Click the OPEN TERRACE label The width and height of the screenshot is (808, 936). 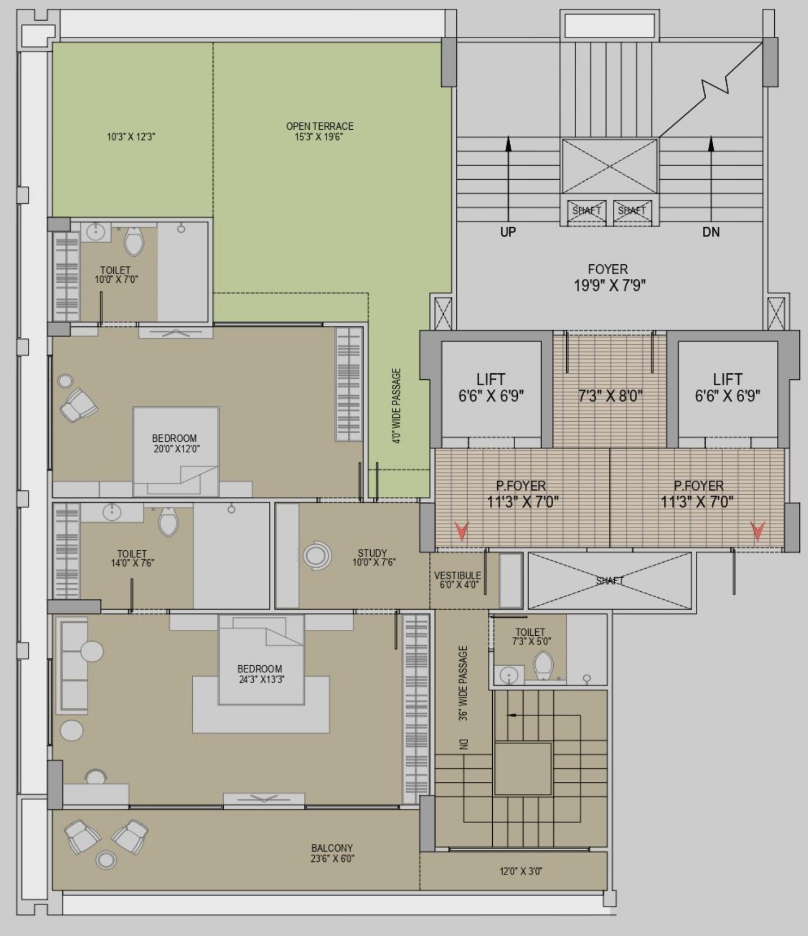tap(320, 126)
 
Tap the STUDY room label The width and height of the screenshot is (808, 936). tap(372, 553)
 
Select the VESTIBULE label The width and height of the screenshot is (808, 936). tap(457, 575)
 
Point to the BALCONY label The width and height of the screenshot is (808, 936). tap(332, 848)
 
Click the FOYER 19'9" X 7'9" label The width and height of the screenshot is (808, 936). tap(609, 277)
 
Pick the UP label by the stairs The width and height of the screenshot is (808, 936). tap(508, 232)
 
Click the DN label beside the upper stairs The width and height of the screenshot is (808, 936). tap(711, 232)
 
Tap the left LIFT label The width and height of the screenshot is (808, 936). tap(491, 379)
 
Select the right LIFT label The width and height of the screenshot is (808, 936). tap(727, 379)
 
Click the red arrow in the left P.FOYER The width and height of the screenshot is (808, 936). tap(462, 530)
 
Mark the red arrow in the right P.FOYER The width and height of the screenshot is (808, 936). tap(757, 530)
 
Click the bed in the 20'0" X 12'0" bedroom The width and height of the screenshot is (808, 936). tap(176, 451)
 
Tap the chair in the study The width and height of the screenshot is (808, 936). tap(317, 556)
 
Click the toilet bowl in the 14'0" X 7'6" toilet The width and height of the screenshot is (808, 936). tap(168, 521)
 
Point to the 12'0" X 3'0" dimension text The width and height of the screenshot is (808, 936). tap(521, 871)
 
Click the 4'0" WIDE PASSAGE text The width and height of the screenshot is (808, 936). tap(397, 405)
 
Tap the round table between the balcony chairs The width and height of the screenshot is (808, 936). tap(106, 860)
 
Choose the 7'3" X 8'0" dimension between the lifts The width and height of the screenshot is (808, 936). tap(610, 396)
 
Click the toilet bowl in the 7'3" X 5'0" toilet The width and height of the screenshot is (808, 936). tap(543, 666)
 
